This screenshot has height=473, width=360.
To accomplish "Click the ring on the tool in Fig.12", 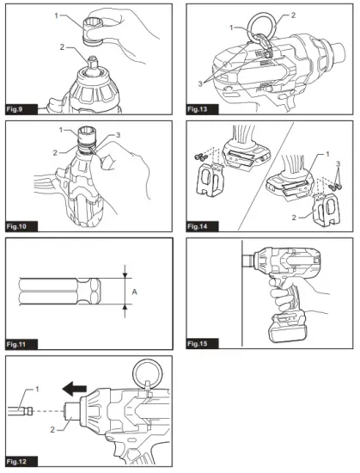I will pyautogui.click(x=145, y=373).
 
